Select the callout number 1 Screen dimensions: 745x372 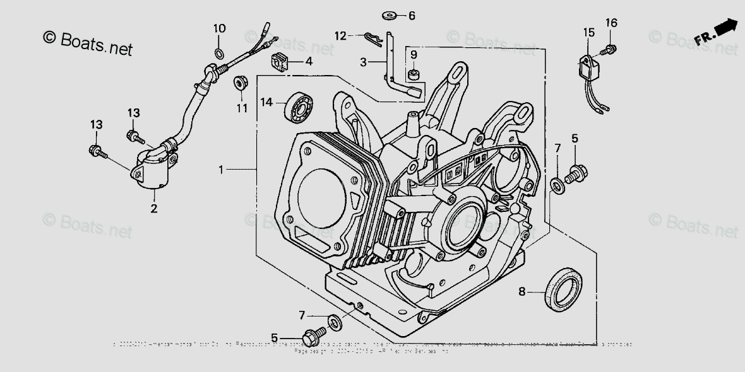pos(221,170)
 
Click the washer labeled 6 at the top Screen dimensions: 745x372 pos(389,14)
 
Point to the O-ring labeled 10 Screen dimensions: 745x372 pos(218,52)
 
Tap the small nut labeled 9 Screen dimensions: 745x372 pos(413,75)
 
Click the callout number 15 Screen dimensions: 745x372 pos(588,32)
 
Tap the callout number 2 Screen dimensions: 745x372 pos(153,208)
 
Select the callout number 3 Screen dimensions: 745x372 pos(364,62)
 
